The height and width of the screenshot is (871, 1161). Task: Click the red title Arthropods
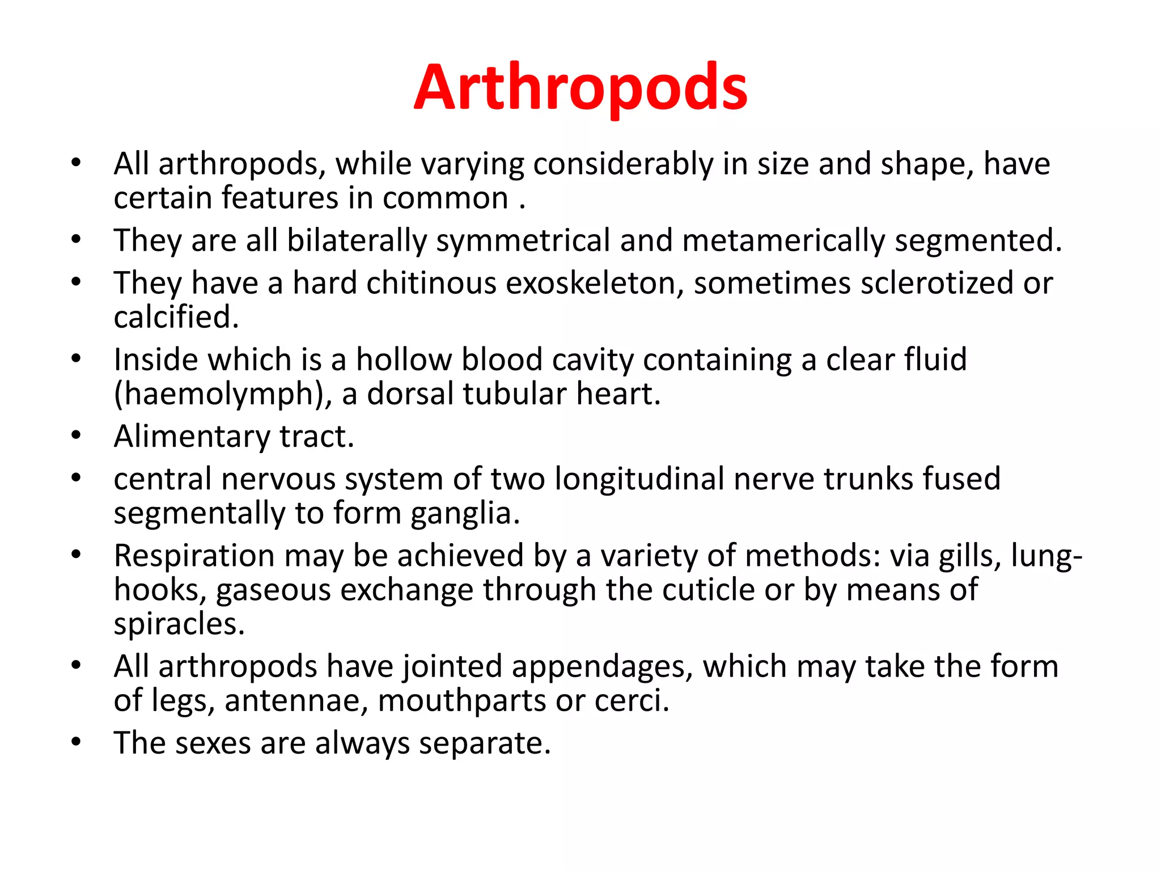pyautogui.click(x=580, y=88)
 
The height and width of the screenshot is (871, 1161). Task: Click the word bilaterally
pyautogui.click(x=357, y=240)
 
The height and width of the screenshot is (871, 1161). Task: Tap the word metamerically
pyautogui.click(x=783, y=240)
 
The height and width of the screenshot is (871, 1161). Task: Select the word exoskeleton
pyautogui.click(x=594, y=283)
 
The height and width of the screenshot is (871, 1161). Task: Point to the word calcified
pyautogui.click(x=176, y=317)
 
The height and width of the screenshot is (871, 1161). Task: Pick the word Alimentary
pyautogui.click(x=192, y=437)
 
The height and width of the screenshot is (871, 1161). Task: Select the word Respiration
pyautogui.click(x=194, y=556)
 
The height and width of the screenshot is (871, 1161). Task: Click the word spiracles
pyautogui.click(x=179, y=624)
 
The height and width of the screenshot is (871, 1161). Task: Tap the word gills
pyautogui.click(x=969, y=556)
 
